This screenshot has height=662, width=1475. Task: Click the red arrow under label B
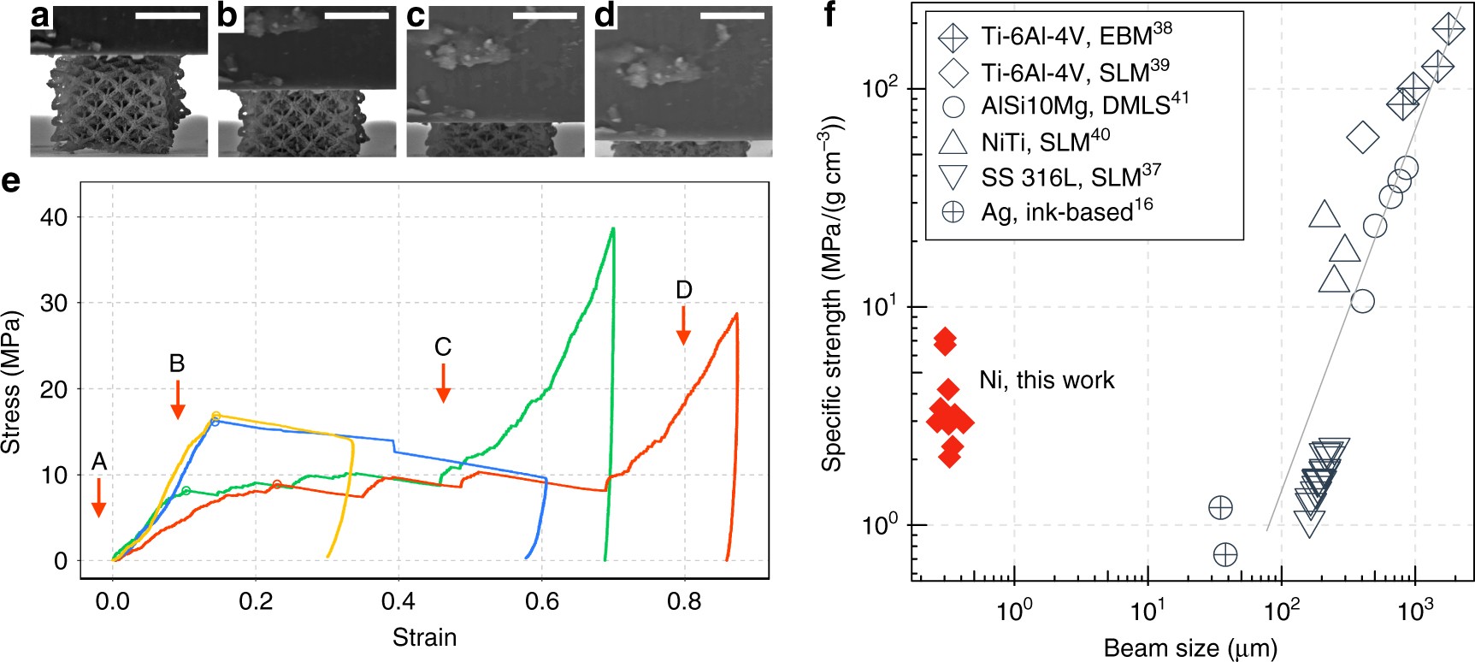tap(177, 399)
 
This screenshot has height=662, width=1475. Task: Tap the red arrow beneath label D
tap(683, 326)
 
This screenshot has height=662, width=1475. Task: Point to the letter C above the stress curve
tap(442, 347)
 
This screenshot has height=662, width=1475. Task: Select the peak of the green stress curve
tap(613, 229)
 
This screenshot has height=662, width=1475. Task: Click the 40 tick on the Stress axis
tap(53, 217)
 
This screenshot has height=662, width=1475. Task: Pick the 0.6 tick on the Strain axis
tap(541, 602)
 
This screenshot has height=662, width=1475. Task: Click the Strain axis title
tap(424, 637)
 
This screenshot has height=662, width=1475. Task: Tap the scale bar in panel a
tap(171, 15)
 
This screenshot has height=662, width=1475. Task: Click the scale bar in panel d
tap(732, 15)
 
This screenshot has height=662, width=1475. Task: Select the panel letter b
tap(227, 15)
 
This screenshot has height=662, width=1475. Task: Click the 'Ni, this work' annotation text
tap(1047, 380)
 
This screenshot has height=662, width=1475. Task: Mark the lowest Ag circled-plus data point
tap(1225, 555)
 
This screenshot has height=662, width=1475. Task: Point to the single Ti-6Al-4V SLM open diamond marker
tap(1363, 137)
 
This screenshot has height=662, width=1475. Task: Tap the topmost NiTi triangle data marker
tap(1325, 216)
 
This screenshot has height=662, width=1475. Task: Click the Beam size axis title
tap(1190, 647)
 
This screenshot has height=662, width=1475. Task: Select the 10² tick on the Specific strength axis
tap(881, 88)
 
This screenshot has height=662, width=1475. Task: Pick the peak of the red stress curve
tap(736, 314)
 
